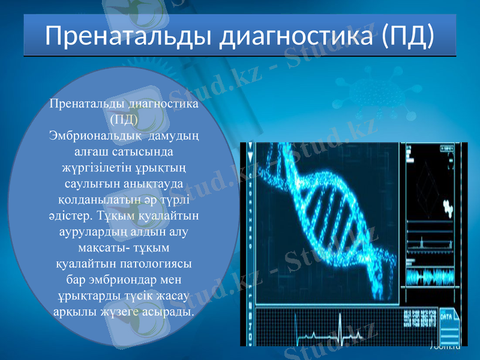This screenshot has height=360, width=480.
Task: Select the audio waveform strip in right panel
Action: pos(433,277)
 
